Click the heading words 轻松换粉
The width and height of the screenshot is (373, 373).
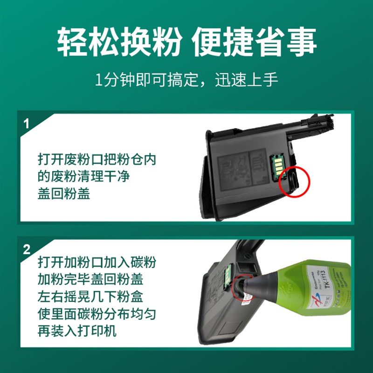120,42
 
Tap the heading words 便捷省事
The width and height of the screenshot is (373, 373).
254,42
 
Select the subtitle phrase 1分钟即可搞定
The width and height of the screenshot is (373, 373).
149,80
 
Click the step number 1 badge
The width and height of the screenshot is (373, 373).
27,124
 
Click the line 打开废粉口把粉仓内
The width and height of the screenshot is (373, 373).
97,159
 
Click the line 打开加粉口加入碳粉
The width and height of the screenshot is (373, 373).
97,262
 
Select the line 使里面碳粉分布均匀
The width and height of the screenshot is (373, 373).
97,314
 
